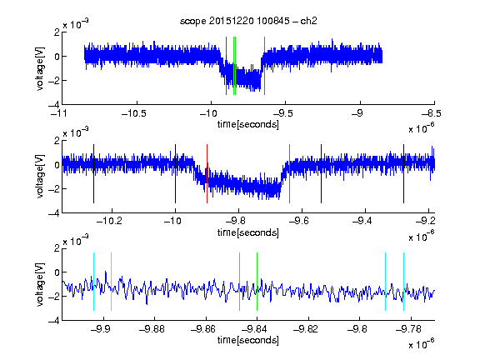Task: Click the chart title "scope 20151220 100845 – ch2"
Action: (248, 21)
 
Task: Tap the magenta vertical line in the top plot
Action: (264, 66)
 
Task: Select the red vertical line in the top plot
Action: (226, 66)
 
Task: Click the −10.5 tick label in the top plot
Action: (134, 113)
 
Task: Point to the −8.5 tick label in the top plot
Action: (432, 113)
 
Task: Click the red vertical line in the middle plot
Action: (207, 173)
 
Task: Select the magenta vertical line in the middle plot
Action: (290, 173)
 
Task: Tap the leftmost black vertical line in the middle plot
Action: (93, 173)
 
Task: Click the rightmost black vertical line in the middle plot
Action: (403, 173)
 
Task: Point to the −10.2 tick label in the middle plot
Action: (109, 221)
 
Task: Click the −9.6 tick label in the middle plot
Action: (299, 221)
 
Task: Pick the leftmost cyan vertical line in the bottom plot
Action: (93, 282)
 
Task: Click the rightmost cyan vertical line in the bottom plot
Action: (403, 282)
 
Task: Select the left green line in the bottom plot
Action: (239, 282)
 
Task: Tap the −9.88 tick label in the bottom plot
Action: (152, 329)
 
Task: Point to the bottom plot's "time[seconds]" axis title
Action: (248, 340)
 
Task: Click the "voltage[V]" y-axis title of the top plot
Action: (40, 68)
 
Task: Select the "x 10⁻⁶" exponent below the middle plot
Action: (422, 237)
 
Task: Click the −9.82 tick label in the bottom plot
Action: (306, 329)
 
